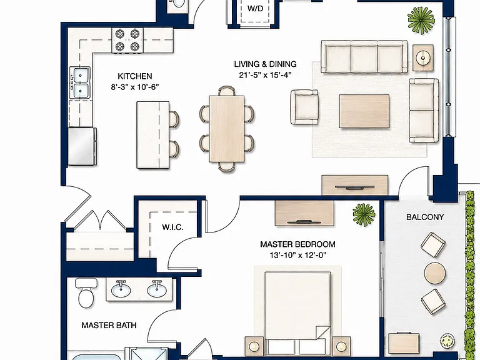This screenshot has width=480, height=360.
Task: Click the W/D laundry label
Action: (255, 9)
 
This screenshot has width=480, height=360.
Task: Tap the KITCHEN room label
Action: (135, 76)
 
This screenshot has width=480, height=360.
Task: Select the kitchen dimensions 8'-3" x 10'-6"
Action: (135, 87)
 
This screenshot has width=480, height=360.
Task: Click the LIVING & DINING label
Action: (265, 64)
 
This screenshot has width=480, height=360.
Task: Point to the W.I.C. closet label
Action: (172, 227)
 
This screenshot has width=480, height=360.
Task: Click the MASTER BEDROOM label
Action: (297, 244)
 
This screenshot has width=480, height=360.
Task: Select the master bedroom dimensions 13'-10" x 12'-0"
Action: (298, 255)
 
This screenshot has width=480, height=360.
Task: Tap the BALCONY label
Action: (425, 217)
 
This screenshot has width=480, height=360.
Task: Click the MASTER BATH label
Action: (109, 325)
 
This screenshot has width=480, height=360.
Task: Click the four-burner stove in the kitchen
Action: (127, 40)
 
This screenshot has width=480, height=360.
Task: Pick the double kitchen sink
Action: (80, 82)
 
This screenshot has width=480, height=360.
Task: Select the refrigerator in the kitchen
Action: (82, 147)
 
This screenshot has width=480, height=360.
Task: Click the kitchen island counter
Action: (152, 135)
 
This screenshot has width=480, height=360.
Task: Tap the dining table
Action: (227, 129)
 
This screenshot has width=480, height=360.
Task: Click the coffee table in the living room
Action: (364, 111)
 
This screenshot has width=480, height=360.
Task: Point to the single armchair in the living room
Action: (304, 107)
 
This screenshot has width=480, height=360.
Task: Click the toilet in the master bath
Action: (86, 293)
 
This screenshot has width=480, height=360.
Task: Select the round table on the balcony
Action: (435, 273)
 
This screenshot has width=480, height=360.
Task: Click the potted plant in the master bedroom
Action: (364, 214)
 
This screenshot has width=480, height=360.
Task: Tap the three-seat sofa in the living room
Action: (364, 57)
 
